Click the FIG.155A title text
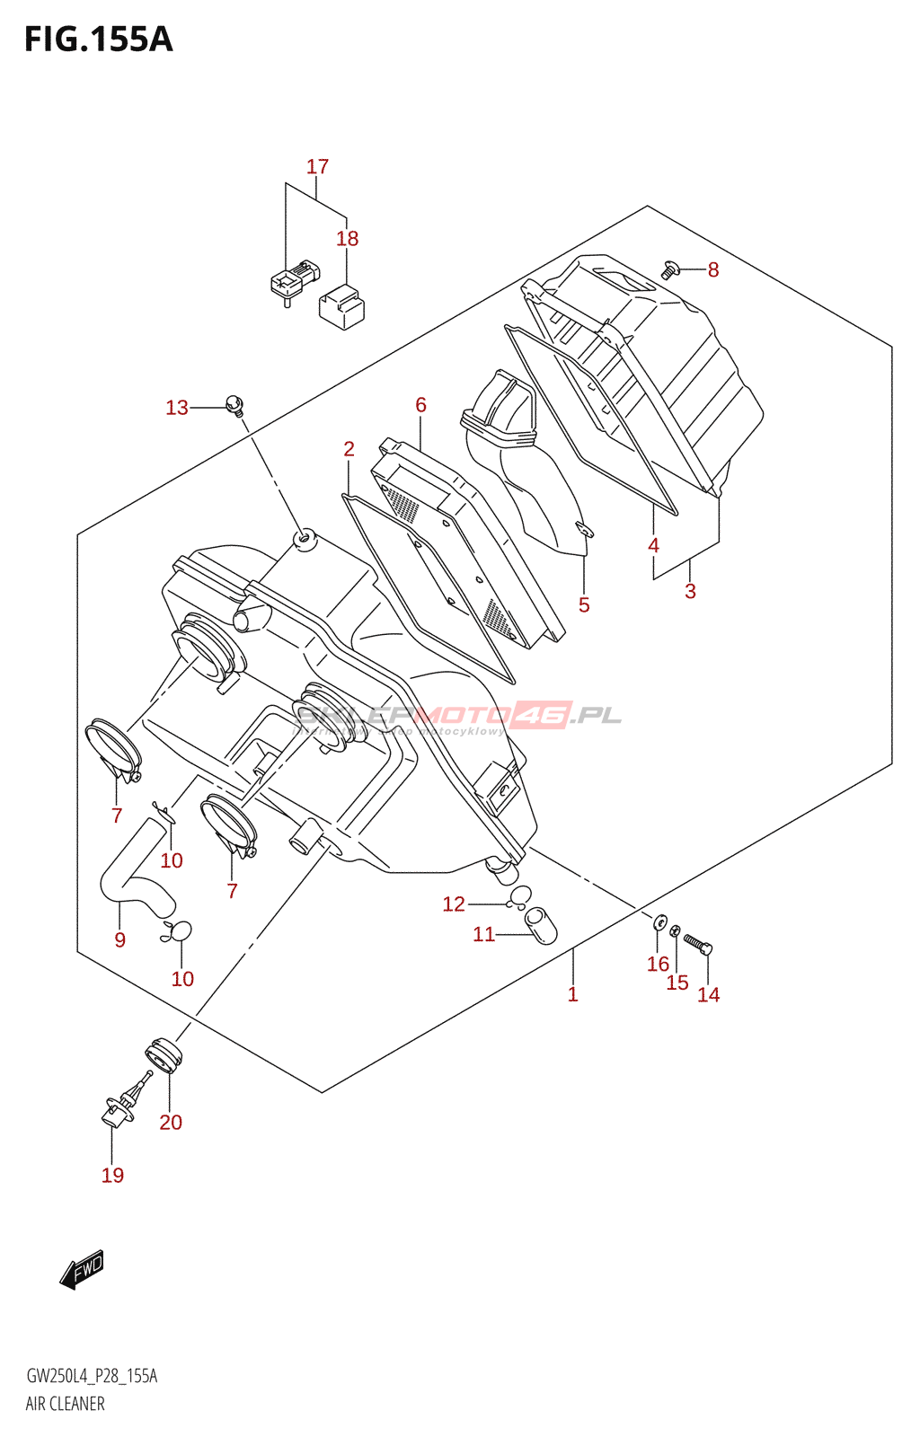tap(98, 40)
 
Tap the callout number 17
tap(317, 167)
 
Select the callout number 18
tap(347, 239)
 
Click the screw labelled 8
tap(669, 268)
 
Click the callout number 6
tap(420, 405)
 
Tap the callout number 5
tap(584, 605)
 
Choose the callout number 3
tap(690, 591)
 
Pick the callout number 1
tap(572, 994)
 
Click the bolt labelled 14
tap(698, 944)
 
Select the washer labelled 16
tap(660, 921)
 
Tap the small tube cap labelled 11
tap(540, 927)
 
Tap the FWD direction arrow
tap(82, 1269)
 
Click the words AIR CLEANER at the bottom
tap(65, 1404)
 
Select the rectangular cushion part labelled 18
tap(341, 305)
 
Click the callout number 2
tap(349, 449)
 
